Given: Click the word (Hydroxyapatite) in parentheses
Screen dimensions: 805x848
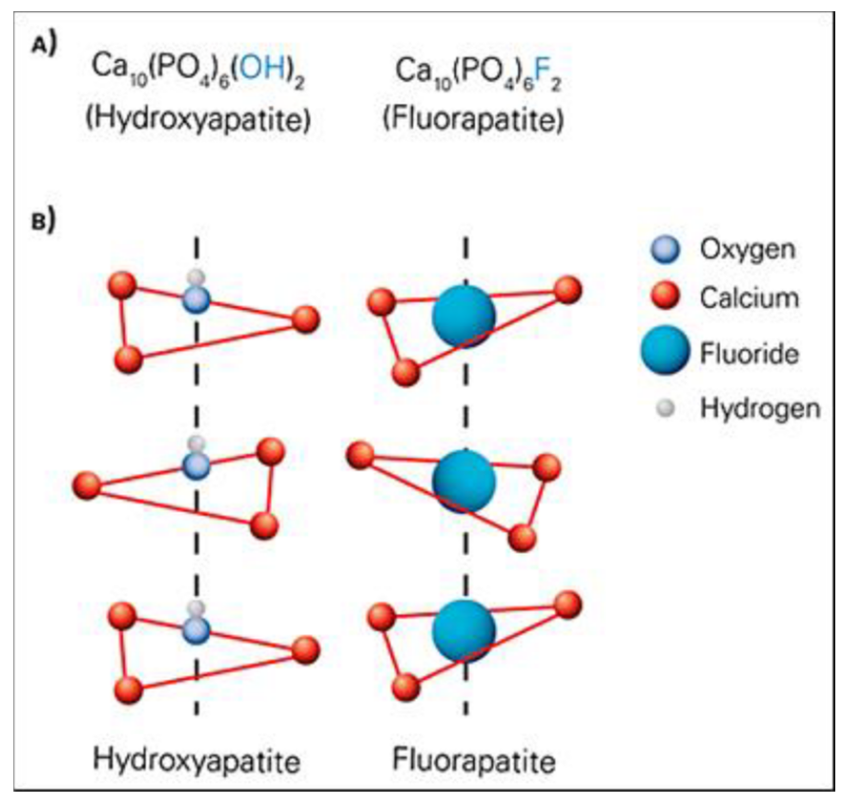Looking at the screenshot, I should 198,119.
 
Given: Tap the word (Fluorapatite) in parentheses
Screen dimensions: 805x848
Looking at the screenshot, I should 473,119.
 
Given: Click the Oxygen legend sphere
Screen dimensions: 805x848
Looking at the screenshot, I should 665,249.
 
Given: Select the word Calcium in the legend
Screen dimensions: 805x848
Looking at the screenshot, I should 749,298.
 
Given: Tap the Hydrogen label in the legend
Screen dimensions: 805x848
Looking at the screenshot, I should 760,408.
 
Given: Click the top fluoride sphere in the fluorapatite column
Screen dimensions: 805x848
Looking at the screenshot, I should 464,317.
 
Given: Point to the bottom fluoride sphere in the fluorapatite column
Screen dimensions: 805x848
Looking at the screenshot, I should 464,631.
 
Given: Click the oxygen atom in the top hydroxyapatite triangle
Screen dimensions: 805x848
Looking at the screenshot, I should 196,300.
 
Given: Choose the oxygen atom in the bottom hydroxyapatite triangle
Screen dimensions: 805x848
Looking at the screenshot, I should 196,630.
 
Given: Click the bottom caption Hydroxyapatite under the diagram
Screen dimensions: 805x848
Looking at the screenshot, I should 196,760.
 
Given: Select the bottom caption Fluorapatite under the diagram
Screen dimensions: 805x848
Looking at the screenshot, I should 474,760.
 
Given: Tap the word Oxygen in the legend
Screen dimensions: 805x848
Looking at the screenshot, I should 747,249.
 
